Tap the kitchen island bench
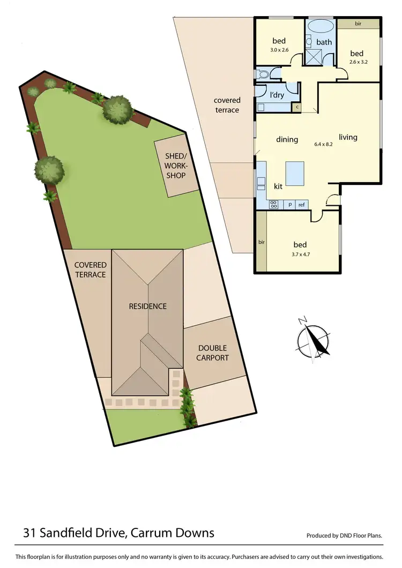(294, 173)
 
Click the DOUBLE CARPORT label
(212, 353)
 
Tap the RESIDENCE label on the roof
(147, 307)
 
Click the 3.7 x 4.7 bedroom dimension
(299, 255)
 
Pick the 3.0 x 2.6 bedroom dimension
(279, 50)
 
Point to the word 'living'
(348, 137)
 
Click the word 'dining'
(287, 140)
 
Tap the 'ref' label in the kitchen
(301, 204)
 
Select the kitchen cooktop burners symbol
(273, 204)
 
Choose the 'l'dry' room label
(277, 95)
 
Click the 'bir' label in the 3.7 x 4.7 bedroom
(262, 242)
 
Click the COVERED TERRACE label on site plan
(90, 270)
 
